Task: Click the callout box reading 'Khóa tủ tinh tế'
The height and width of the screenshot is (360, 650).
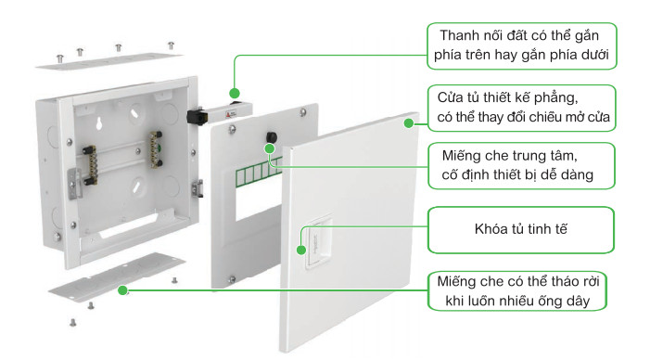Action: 521,230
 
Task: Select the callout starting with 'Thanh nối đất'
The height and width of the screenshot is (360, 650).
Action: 522,45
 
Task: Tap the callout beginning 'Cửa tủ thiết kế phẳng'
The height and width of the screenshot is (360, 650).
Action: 522,109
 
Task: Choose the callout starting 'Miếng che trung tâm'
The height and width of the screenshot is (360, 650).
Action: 521,165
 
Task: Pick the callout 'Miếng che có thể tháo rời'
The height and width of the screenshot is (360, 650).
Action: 517,291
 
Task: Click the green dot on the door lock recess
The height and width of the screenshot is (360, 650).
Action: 301,251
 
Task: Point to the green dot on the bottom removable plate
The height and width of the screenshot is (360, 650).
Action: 122,290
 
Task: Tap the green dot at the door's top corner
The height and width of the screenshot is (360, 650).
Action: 409,123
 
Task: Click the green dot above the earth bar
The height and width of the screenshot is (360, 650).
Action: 235,93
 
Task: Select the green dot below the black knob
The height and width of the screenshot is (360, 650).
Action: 270,148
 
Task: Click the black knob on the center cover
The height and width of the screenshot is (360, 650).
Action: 272,137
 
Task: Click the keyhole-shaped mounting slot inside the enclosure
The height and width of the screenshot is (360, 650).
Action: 99,123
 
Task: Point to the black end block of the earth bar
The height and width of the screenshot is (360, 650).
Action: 197,116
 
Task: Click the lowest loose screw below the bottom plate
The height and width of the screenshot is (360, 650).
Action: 73,322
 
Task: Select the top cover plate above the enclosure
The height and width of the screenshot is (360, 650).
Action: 109,61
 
